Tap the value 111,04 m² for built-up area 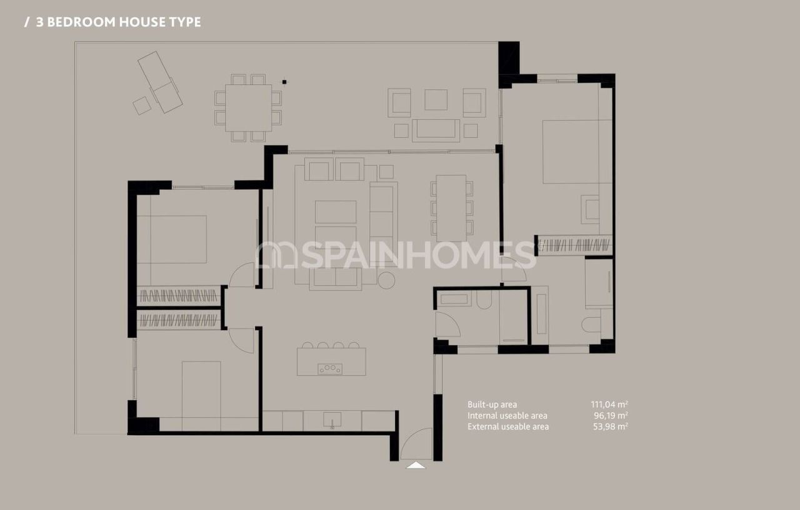coord(609,405)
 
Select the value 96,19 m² coord(611,416)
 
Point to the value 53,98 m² coord(611,427)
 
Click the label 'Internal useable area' coord(507,416)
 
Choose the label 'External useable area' coord(508,427)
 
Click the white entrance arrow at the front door coord(416,464)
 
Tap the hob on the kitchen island coord(330,368)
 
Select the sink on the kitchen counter coord(332,420)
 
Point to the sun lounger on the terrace coord(159,82)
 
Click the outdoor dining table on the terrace coord(248,107)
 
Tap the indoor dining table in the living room coord(451,208)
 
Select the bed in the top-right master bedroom coord(571,152)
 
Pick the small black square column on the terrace coord(284,81)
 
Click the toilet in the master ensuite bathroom coord(591,325)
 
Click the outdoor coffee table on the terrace coord(436,130)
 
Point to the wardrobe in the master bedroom coord(574,245)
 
